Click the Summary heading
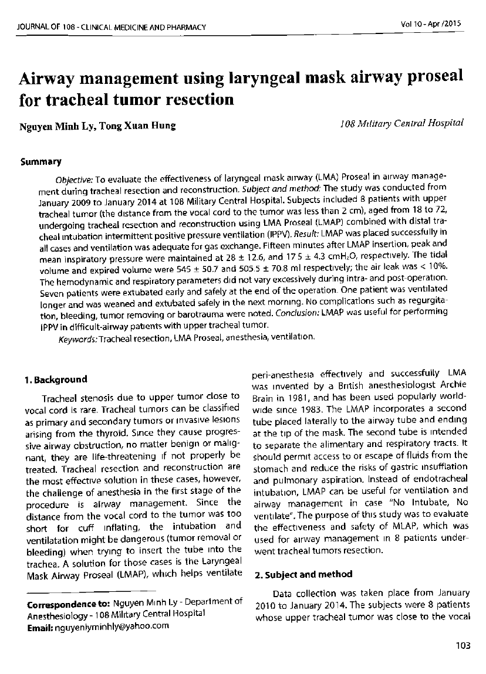pyautogui.click(x=41, y=161)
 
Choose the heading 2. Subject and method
pyautogui.click(x=303, y=574)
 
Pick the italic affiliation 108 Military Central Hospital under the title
pyautogui.click(x=401, y=123)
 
